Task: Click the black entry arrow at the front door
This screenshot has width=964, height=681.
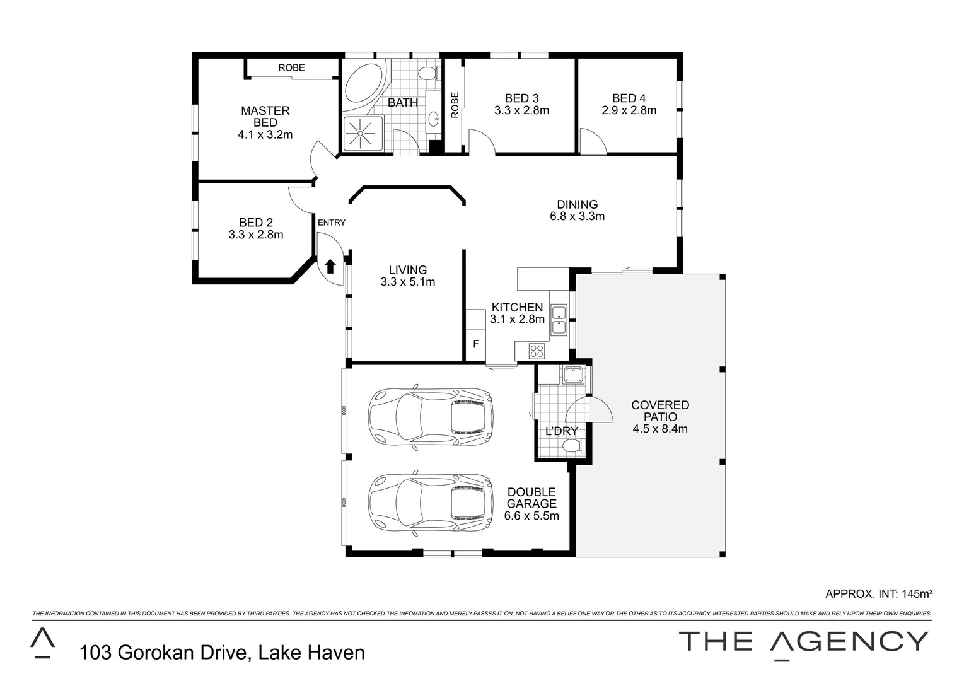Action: coord(330,266)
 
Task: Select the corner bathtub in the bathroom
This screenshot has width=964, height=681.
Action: coord(363,85)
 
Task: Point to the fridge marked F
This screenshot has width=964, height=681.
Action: coord(476,344)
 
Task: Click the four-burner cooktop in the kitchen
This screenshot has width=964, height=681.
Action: coord(537,350)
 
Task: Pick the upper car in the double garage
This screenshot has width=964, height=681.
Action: coord(431,416)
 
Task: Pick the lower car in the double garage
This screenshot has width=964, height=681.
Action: coord(431,503)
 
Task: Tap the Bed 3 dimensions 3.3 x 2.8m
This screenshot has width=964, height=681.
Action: coord(521,110)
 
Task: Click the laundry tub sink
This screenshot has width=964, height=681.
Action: coord(573,375)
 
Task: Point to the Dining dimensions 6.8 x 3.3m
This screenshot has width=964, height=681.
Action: coord(577,216)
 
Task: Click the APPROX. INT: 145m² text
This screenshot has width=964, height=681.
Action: coord(878,593)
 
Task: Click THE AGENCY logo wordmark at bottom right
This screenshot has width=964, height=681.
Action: coord(803,641)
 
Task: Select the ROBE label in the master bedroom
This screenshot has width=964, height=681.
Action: coord(291,67)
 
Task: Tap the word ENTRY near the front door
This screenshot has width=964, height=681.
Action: coord(332,223)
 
